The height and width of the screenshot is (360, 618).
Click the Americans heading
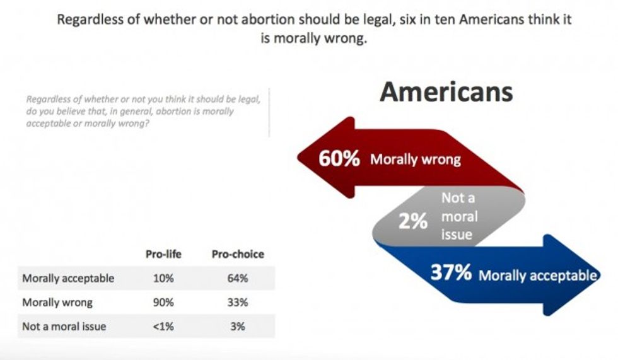(x=446, y=92)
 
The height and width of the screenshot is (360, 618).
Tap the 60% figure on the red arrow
(x=339, y=158)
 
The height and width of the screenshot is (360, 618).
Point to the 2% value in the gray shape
(x=413, y=221)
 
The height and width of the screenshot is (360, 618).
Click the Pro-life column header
(x=163, y=255)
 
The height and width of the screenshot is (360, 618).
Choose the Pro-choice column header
(x=238, y=255)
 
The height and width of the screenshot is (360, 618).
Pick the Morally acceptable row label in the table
(x=68, y=278)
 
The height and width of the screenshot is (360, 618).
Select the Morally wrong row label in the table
(x=57, y=303)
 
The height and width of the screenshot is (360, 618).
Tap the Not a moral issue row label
(x=64, y=327)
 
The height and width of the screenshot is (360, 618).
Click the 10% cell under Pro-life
(x=163, y=278)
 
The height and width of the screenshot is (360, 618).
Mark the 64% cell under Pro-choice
(x=238, y=278)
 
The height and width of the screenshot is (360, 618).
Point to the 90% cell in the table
(x=163, y=303)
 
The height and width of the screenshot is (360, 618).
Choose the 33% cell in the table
(x=238, y=303)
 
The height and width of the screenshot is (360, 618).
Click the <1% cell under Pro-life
(x=163, y=327)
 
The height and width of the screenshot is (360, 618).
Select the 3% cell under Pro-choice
(x=238, y=327)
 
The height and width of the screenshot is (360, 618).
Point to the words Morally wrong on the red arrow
(x=415, y=159)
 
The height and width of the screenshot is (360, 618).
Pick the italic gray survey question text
(x=143, y=111)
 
